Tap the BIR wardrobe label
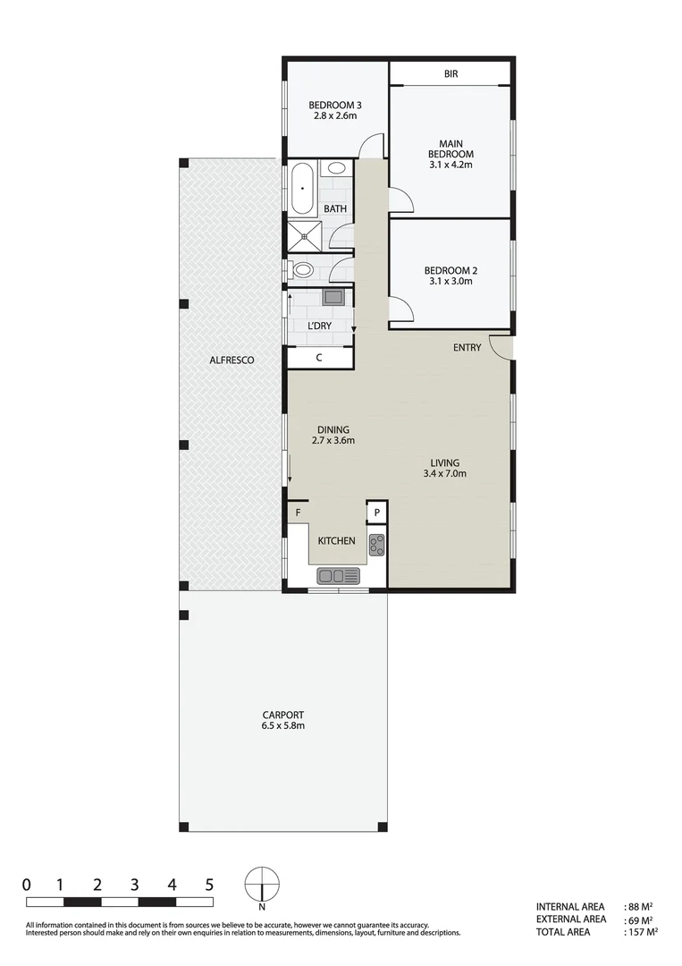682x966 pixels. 450,73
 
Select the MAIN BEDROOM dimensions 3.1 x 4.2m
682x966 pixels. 450,165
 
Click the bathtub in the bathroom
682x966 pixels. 302,189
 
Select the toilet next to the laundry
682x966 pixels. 302,268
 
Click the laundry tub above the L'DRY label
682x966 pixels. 333,297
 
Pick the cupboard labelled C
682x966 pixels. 319,357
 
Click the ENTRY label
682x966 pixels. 467,348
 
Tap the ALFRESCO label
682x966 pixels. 232,360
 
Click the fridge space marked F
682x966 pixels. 298,512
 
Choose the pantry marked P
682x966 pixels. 376,512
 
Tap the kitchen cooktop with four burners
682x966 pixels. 376,544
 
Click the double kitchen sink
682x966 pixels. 338,575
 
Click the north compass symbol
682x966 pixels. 262,885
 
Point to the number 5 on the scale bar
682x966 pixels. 209,885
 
